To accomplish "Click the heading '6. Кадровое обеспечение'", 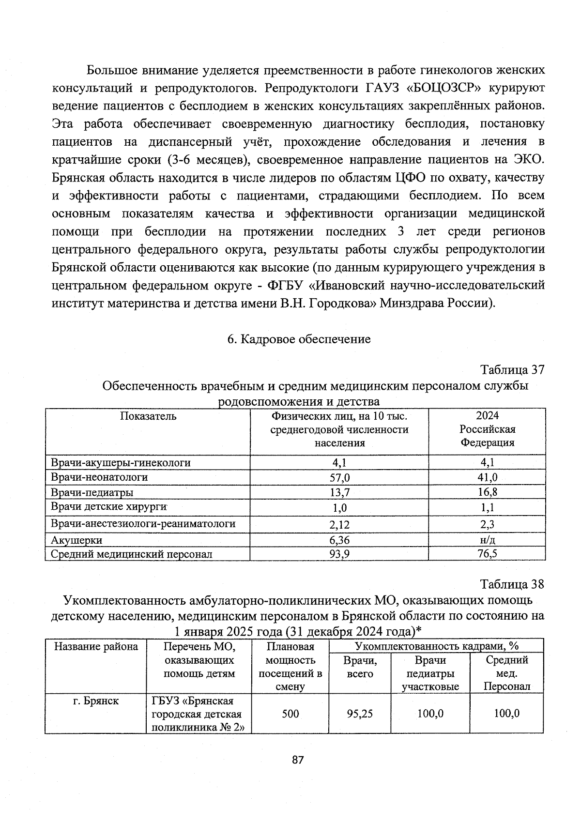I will [299, 339].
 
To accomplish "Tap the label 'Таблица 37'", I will [512, 370].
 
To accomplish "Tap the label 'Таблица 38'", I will [512, 584].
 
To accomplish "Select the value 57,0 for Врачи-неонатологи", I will [339, 478].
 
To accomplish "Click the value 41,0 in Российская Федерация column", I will [487, 477].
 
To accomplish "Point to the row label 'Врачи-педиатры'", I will [92, 493].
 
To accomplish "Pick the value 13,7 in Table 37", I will [339, 493].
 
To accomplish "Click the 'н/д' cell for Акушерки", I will [487, 540].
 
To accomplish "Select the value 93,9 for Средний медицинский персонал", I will [339, 554].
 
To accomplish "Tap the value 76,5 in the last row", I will [487, 554].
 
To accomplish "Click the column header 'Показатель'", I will [148, 416].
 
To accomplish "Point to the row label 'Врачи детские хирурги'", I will [109, 507].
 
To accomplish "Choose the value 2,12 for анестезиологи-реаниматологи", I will [339, 525].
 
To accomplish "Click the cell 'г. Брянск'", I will [95, 700].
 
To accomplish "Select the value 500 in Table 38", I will [290, 714].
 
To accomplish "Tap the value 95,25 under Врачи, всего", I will [360, 714].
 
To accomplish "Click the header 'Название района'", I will [95, 647].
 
